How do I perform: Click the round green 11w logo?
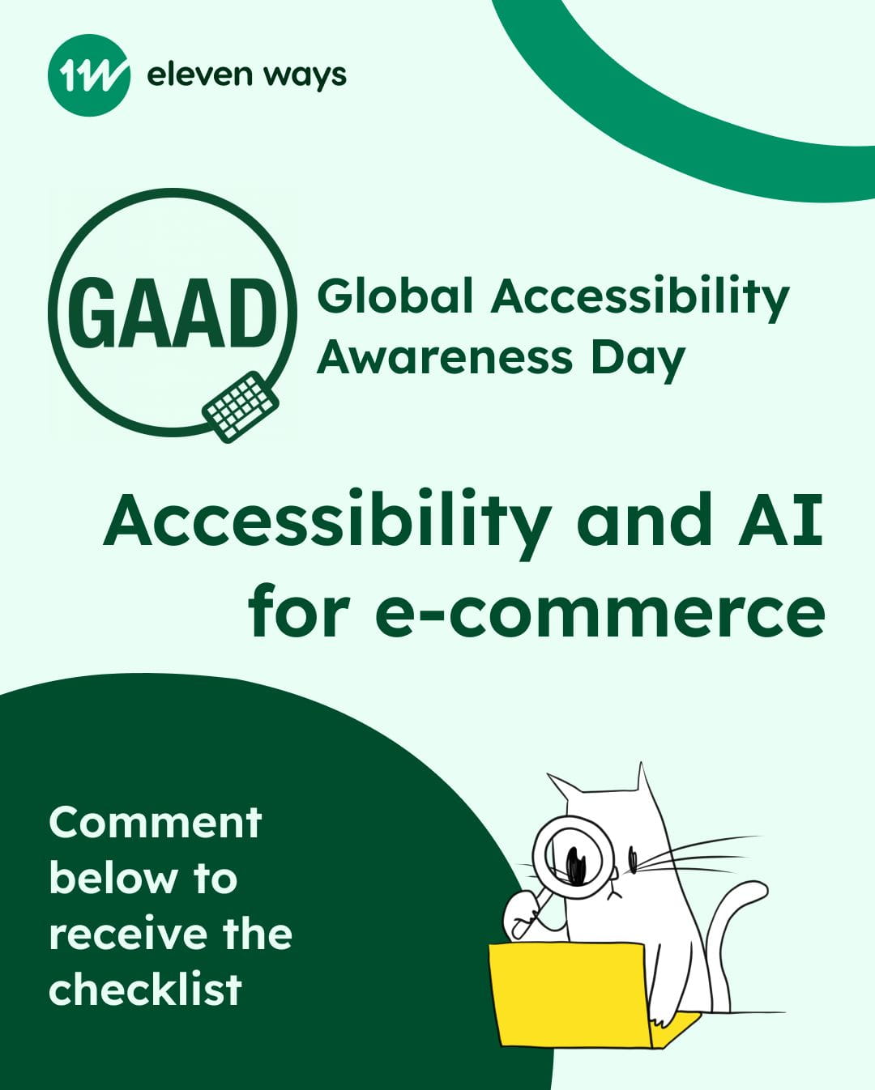point(88,75)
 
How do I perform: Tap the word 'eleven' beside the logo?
point(199,75)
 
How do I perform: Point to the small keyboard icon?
point(241,407)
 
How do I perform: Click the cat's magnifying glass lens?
point(573,858)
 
